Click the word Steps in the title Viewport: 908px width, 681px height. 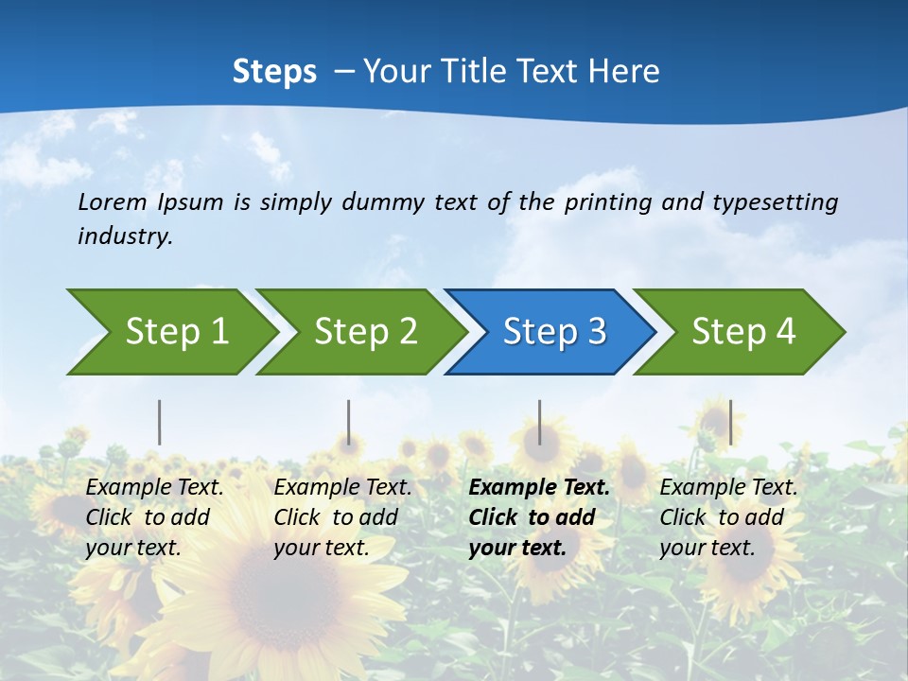[x=274, y=71]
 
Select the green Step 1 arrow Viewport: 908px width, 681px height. [x=170, y=331]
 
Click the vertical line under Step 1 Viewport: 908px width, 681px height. [x=160, y=422]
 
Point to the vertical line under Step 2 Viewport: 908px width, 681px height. [x=349, y=422]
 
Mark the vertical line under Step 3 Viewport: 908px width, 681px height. [x=540, y=422]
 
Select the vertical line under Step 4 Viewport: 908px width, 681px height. [x=730, y=422]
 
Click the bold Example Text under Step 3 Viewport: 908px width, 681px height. [x=539, y=488]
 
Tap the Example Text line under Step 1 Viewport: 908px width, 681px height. [x=154, y=488]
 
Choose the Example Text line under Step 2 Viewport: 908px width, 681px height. [x=342, y=488]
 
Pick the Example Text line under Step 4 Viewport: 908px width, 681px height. [x=728, y=488]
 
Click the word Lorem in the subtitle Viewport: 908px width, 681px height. [x=113, y=201]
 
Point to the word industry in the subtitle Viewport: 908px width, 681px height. [x=125, y=236]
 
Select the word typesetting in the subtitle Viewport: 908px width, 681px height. [x=775, y=201]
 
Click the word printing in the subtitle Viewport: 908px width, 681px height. [x=606, y=201]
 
